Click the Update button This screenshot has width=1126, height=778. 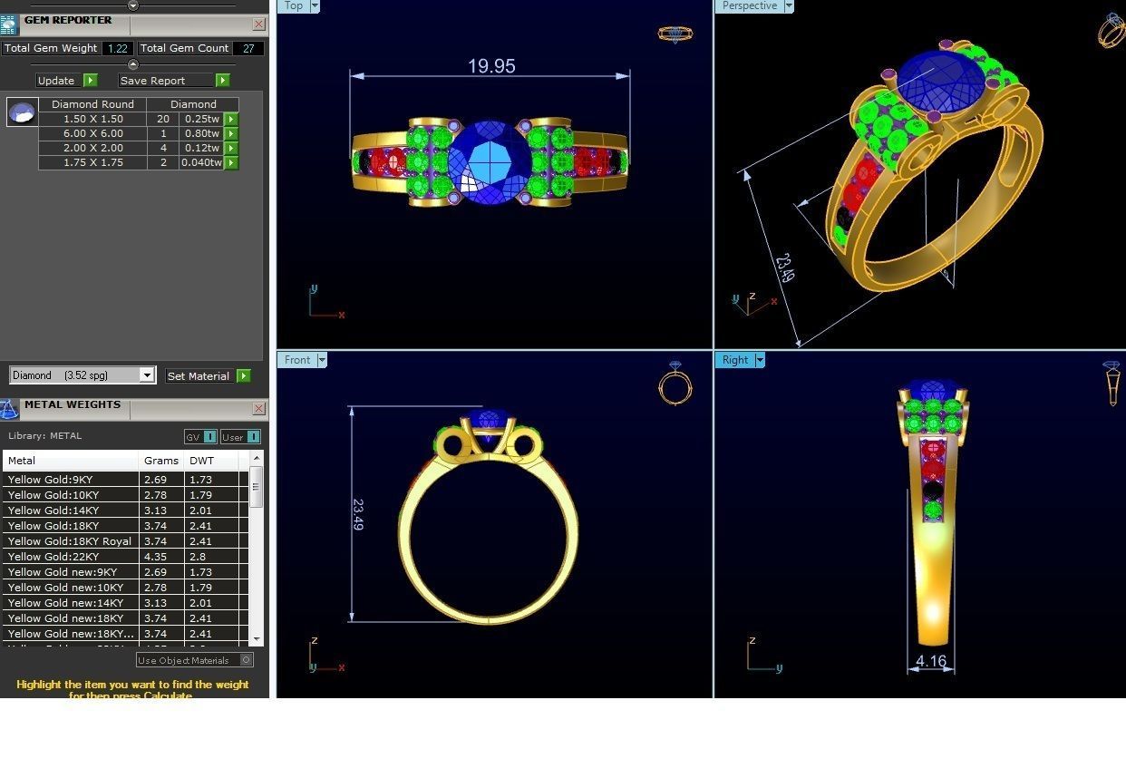click(x=56, y=81)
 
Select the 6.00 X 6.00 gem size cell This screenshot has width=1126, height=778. click(x=92, y=133)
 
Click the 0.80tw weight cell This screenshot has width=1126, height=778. click(x=201, y=133)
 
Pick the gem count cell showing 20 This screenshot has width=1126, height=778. click(x=163, y=119)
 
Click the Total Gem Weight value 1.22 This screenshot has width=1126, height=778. click(x=117, y=49)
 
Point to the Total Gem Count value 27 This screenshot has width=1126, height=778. click(x=248, y=49)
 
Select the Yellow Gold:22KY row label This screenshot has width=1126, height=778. click(x=53, y=557)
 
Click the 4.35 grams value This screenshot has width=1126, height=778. click(x=155, y=557)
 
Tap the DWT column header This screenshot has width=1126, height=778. click(x=200, y=461)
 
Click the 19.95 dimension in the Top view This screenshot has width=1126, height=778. click(x=490, y=66)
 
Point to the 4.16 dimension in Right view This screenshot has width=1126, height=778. click(x=931, y=661)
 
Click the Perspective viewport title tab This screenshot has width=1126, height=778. click(x=749, y=6)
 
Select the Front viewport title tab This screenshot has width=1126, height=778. click(x=296, y=360)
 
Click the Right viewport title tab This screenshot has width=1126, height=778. click(x=734, y=360)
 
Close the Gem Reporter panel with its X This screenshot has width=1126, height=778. click(x=259, y=24)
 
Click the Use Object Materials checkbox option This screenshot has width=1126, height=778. click(x=246, y=660)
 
